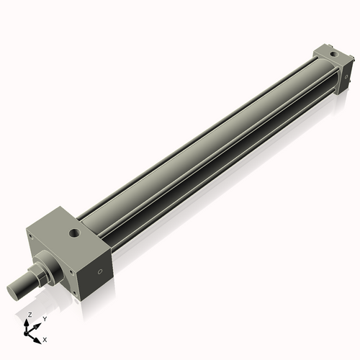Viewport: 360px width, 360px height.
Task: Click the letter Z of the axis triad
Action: [x=29, y=315]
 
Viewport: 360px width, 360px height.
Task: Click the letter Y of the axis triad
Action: [x=45, y=318]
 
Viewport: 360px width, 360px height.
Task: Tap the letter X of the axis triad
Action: [x=45, y=338]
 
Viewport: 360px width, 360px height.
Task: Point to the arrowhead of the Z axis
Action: [x=30, y=321]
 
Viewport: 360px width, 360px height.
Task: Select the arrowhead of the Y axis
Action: [x=39, y=323]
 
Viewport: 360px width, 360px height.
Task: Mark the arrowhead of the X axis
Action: [x=38, y=336]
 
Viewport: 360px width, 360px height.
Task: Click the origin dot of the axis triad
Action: [x=30, y=332]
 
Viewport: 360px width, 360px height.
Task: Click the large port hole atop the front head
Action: [x=74, y=233]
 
